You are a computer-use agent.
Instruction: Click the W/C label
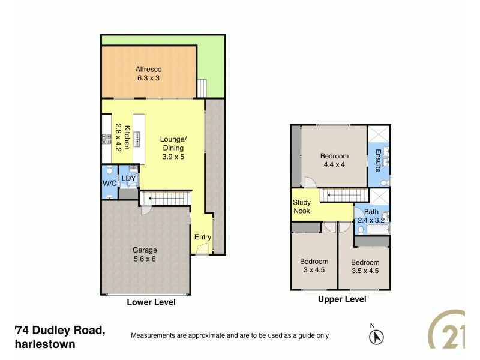109,184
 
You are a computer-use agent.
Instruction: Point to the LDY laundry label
128,179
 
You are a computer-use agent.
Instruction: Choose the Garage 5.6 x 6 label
145,254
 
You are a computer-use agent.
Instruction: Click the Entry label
202,237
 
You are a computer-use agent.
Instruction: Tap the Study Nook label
302,207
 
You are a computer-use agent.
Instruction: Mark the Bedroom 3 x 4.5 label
314,266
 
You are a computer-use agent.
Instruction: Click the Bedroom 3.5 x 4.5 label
365,266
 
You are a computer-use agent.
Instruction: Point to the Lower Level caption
151,302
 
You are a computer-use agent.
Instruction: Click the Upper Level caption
342,298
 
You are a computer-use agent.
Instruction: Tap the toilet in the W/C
109,171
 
